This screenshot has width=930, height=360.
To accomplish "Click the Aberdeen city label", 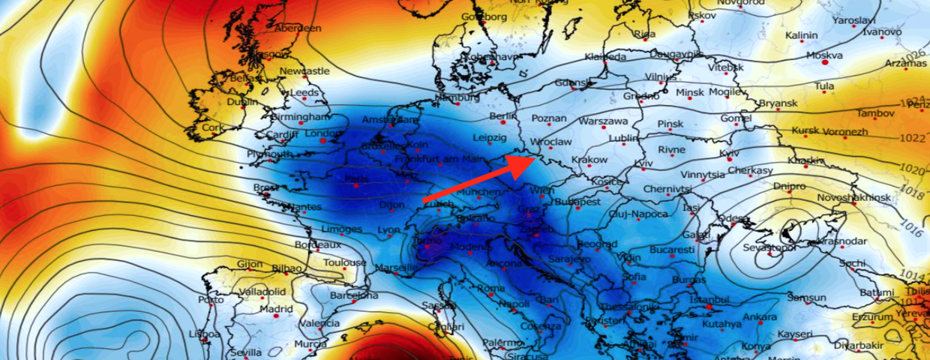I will pyautogui.click(x=298, y=28).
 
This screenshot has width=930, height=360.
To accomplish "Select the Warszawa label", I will pyautogui.click(x=603, y=121).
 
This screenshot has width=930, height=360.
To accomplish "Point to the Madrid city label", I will pyautogui.click(x=276, y=309).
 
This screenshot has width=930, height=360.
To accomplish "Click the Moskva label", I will pyautogui.click(x=825, y=55).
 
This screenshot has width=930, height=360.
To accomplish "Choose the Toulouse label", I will pyautogui.click(x=345, y=263).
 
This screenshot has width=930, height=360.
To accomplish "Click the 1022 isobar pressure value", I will pyautogui.click(x=913, y=138).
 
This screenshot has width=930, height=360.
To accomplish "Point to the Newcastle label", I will pyautogui.click(x=304, y=70).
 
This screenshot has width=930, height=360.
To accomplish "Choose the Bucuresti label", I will pyautogui.click(x=673, y=249).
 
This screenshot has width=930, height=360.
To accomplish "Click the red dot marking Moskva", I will pyautogui.click(x=825, y=63).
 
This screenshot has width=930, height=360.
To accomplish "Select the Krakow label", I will pyautogui.click(x=589, y=160).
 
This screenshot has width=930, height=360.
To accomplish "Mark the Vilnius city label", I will pyautogui.click(x=661, y=76).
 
